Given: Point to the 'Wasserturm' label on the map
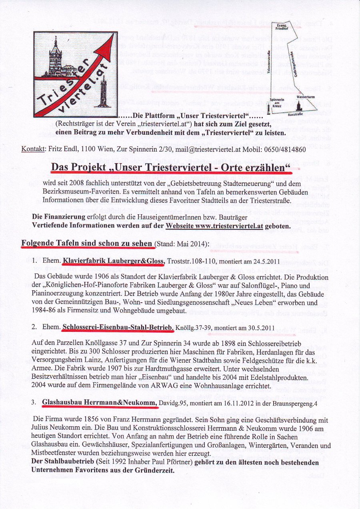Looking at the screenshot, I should [305, 97].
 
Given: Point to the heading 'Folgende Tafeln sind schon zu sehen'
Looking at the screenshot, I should [87, 244].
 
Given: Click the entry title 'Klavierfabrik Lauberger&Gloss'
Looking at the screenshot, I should [114, 261].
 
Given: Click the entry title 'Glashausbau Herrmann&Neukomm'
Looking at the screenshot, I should [100, 403].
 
